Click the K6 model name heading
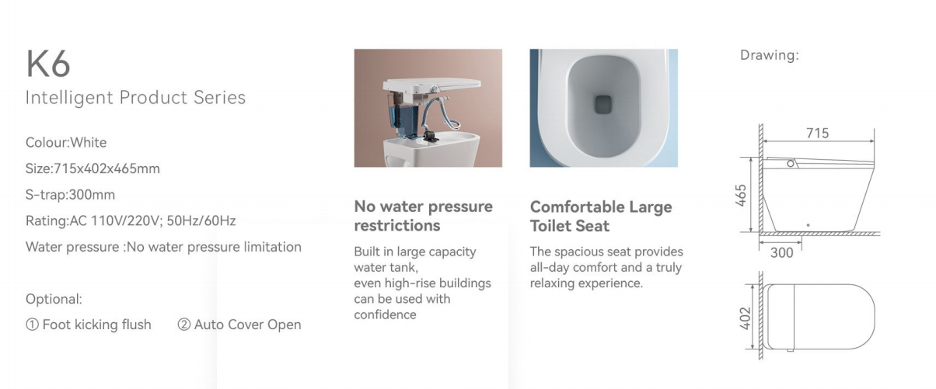click(48, 64)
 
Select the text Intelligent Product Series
click(135, 98)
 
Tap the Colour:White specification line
click(66, 143)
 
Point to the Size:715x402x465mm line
click(93, 168)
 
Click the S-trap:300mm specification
click(70, 195)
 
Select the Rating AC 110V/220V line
click(131, 221)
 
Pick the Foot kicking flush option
click(97, 325)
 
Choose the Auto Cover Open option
click(247, 325)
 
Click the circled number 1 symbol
click(32, 325)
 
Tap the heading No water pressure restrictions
click(423, 216)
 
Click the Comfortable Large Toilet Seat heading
click(601, 216)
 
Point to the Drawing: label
click(770, 55)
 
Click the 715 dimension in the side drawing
click(817, 133)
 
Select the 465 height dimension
click(740, 195)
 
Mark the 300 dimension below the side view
click(781, 253)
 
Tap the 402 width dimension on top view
click(745, 318)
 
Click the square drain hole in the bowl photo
click(603, 105)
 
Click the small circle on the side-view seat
click(791, 164)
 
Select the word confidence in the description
click(385, 314)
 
